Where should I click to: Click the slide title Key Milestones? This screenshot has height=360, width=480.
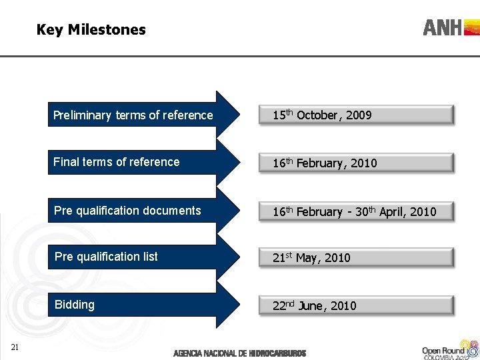[91, 29]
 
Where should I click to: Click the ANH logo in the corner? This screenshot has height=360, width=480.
[451, 27]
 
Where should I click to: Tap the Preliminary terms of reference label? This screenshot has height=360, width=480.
[133, 115]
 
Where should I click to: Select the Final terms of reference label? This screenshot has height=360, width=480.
[117, 162]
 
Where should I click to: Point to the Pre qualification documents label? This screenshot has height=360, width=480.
[127, 211]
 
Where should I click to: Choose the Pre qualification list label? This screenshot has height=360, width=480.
[107, 257]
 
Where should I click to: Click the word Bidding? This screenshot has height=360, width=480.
[75, 305]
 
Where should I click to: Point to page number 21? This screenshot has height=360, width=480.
[15, 345]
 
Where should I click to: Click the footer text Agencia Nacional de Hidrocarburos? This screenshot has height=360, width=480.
[239, 353]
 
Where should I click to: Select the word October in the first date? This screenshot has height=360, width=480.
[317, 115]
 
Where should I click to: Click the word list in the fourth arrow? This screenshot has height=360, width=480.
[149, 257]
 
